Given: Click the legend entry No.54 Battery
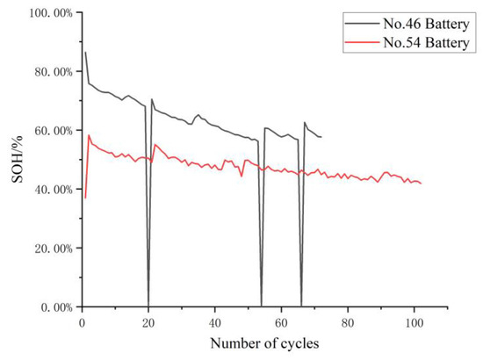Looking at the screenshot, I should [x=428, y=43].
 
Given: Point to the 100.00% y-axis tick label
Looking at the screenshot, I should [x=47, y=12].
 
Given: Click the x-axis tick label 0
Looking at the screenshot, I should [x=82, y=320].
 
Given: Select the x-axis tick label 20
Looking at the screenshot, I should [x=148, y=320].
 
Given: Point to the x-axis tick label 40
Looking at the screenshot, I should [x=215, y=320].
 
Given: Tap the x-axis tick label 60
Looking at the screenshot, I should [x=281, y=320].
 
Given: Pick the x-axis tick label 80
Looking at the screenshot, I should [x=348, y=320].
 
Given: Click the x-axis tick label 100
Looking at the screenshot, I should [x=415, y=320].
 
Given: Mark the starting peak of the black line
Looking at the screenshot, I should [x=85, y=53].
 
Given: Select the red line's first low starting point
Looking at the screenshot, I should [x=85, y=198].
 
